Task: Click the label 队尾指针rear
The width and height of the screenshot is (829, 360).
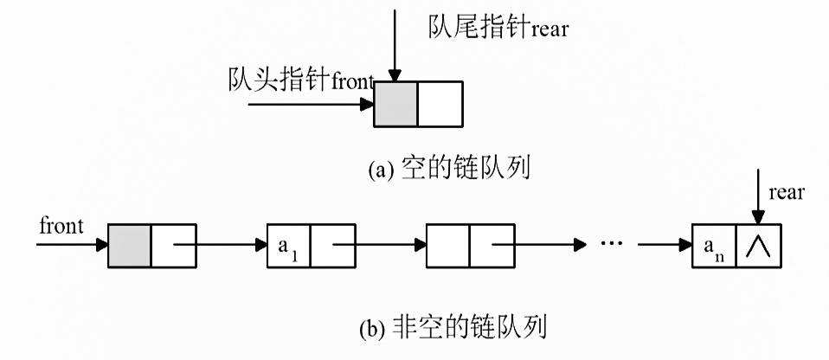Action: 498,29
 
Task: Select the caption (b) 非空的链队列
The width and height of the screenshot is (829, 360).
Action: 455,327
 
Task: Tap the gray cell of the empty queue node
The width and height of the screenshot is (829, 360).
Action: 396,105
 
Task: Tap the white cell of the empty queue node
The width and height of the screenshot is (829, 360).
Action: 440,105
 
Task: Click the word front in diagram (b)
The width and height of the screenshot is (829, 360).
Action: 61,227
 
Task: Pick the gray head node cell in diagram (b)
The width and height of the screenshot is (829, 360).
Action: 130,245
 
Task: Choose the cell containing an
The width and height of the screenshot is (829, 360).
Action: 715,245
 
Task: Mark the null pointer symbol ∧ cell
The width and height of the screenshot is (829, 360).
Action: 759,245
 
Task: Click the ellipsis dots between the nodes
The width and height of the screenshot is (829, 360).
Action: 613,244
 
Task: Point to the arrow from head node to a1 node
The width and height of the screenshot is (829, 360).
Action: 221,245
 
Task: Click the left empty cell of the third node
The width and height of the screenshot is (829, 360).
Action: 448,245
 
